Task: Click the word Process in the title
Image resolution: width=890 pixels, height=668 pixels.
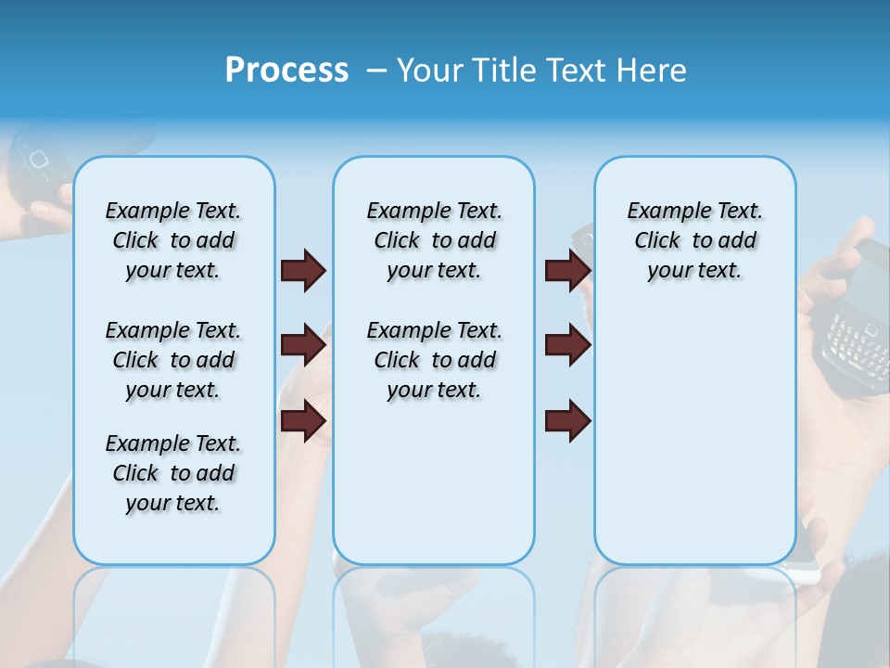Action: (286, 71)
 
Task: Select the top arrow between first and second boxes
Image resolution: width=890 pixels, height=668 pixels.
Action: (303, 270)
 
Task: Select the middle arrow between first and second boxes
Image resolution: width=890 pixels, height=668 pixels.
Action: (303, 345)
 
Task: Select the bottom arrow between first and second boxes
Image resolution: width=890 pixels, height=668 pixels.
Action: (303, 420)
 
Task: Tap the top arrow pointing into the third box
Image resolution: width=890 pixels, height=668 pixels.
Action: (567, 270)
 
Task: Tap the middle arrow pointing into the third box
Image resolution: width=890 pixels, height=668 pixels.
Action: (567, 345)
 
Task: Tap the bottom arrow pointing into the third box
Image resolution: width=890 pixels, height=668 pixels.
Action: (567, 420)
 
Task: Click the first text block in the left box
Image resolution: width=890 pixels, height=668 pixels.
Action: (173, 240)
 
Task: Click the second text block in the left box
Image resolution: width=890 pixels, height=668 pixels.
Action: (173, 360)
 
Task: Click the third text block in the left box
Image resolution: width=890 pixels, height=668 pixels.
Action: (173, 473)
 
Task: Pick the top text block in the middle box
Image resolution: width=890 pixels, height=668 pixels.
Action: (434, 240)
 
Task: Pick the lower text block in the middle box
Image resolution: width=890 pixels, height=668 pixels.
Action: (434, 360)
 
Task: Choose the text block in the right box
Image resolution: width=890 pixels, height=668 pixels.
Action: (694, 240)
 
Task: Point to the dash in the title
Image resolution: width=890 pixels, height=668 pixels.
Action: (376, 71)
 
